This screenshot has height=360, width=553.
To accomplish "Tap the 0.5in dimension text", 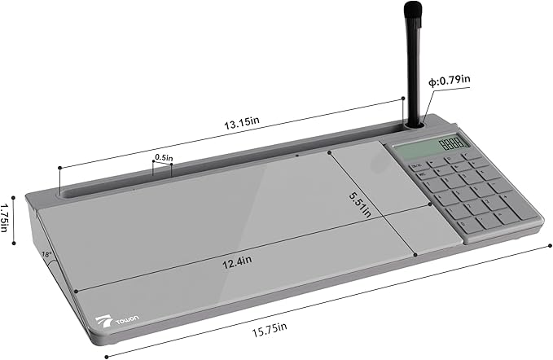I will (x=162, y=158).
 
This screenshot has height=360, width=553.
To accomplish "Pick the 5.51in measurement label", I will (x=359, y=203).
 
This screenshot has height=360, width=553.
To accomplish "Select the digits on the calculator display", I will (x=453, y=144).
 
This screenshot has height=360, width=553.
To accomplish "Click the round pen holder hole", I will (x=416, y=126).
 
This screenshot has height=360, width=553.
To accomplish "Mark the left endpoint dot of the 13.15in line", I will (x=59, y=169).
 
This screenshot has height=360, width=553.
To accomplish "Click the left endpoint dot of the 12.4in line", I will (x=74, y=290).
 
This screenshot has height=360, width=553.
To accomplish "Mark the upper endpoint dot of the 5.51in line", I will (x=328, y=151).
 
